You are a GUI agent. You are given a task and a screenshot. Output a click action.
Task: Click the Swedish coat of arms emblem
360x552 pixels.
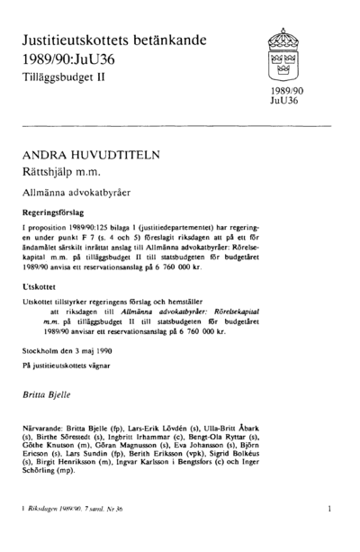coord(282,56)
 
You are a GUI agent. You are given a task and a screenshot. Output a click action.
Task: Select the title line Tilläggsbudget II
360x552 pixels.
coord(60,80)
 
